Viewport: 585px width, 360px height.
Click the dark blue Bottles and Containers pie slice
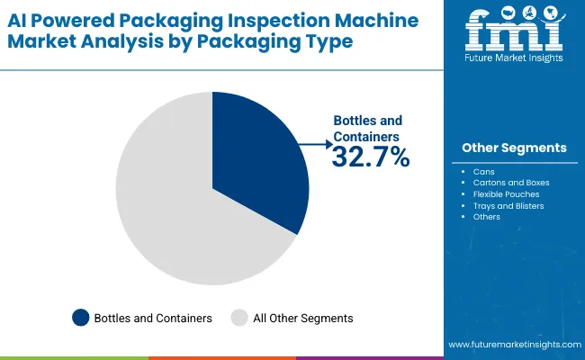[261, 162]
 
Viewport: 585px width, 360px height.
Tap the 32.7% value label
[371, 157]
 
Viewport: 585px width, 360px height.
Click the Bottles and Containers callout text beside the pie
[368, 129]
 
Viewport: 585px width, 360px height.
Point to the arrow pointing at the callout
[315, 143]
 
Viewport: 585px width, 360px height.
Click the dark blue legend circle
[81, 318]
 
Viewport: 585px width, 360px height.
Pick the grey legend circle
[238, 318]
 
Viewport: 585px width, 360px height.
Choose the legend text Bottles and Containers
[154, 318]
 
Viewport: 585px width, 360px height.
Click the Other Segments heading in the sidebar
[514, 148]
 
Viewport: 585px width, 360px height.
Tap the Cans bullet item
[483, 170]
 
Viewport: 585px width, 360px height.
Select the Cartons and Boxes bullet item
[510, 182]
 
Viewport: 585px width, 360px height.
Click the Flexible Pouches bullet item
[507, 193]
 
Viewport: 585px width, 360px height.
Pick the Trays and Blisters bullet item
[508, 205]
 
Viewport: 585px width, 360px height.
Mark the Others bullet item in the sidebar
[487, 217]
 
